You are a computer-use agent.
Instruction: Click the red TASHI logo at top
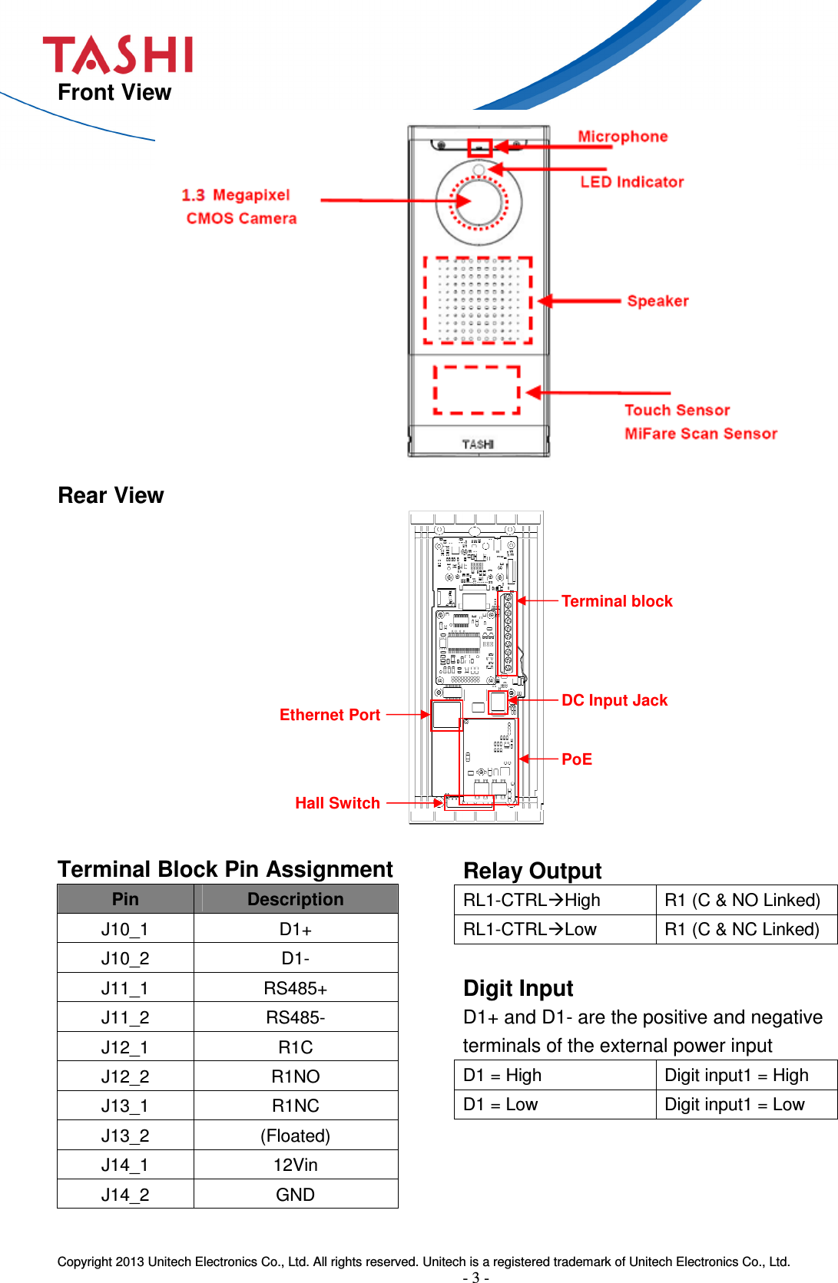pos(118,55)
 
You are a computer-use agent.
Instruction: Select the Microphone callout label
pos(622,137)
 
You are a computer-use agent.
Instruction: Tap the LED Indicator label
pos(631,182)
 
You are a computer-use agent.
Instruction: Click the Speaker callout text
pos(657,301)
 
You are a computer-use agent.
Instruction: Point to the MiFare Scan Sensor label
pos(701,434)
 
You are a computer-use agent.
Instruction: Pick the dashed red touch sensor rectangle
pos(477,390)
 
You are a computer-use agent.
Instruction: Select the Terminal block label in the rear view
pos(617,601)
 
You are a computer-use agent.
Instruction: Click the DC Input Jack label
pos(614,700)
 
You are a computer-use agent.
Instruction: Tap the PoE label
pos(576,759)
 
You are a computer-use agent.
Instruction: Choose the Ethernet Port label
pos(330,715)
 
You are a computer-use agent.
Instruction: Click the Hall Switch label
pos(337,803)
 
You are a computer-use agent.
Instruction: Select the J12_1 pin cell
pos(125,1047)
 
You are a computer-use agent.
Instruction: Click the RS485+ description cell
pos(296,988)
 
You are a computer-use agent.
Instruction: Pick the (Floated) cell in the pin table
pos(296,1136)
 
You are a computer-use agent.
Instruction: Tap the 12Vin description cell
pos(296,1165)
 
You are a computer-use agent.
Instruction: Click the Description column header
pos(296,899)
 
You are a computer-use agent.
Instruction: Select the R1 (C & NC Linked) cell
pos(742,929)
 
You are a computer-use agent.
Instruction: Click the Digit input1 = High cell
pos(736,1075)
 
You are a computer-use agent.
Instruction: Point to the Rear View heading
pos(111,495)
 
